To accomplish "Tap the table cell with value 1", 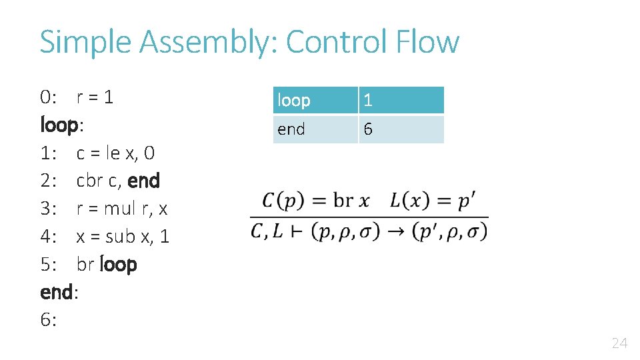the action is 401,100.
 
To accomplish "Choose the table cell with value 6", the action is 401,129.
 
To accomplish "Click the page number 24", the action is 619,343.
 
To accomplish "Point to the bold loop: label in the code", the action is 61,125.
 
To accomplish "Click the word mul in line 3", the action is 119,209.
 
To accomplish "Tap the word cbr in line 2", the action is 90,181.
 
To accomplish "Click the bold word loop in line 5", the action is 118,264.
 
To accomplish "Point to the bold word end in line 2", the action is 143,181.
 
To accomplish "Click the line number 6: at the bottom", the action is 48,320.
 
